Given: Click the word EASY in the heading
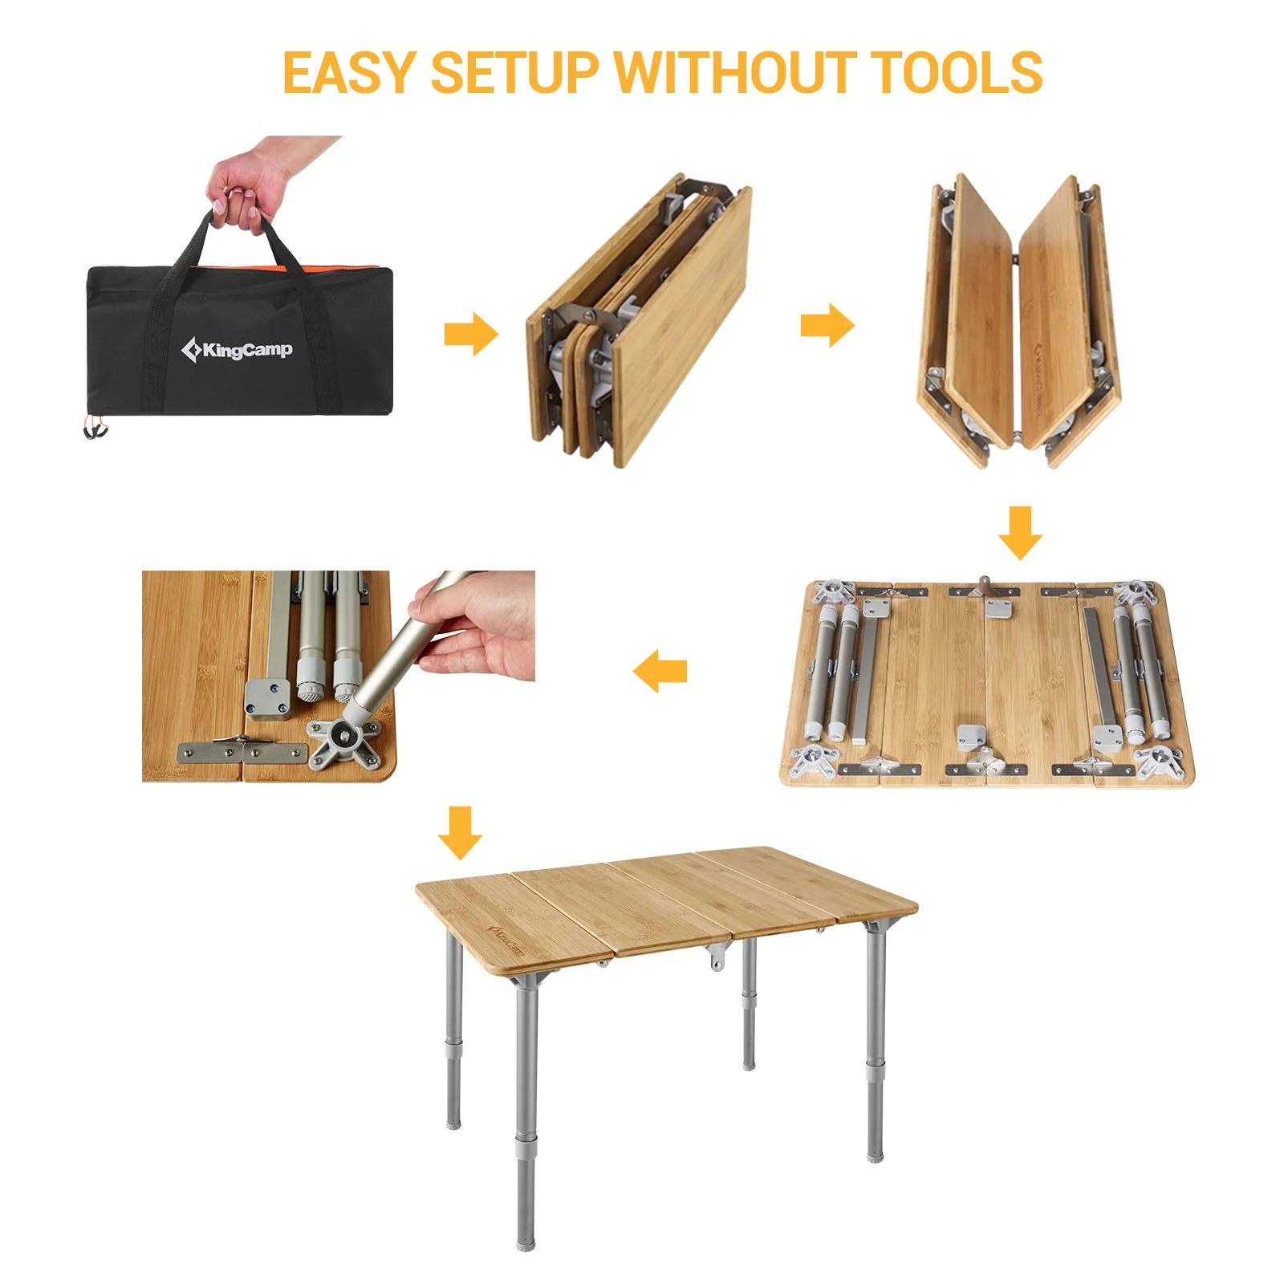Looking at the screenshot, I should coord(349,73).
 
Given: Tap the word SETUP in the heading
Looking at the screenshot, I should coord(514,73).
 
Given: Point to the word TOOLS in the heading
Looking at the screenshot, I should coord(955,73).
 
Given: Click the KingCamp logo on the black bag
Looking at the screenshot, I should coord(237,350).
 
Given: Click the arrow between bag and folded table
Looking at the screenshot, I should coord(471,333).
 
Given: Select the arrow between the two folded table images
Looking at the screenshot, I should coord(827,325).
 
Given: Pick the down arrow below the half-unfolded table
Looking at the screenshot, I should coord(1020,532).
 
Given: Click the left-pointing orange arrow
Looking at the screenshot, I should coord(660,671).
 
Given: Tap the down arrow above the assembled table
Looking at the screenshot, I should coord(460,832).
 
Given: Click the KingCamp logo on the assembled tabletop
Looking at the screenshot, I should coord(506,940).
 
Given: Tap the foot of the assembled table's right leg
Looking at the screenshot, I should coord(875,1155).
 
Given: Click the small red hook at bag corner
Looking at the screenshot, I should coord(95,431).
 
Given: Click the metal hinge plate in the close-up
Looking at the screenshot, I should coord(242,751).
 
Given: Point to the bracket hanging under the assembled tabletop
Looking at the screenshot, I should coord(717,957).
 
